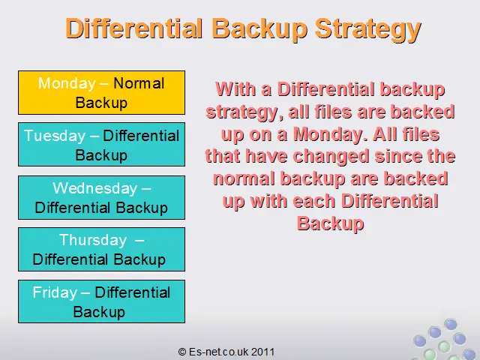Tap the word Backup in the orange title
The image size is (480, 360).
pyautogui.click(x=259, y=28)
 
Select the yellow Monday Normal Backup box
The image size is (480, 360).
pyautogui.click(x=102, y=93)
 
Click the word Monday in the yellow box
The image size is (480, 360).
pyautogui.click(x=67, y=83)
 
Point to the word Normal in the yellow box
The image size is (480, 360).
pyautogui.click(x=139, y=83)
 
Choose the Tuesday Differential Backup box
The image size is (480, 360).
pyautogui.click(x=102, y=145)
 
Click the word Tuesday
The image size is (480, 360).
pyautogui.click(x=55, y=136)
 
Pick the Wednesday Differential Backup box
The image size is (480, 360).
pyautogui.click(x=102, y=197)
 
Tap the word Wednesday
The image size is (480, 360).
pyautogui.click(x=94, y=188)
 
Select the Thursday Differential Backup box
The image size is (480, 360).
pyautogui.click(x=102, y=249)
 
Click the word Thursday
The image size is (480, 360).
pyautogui.click(x=93, y=240)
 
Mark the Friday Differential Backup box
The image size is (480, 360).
pyautogui.click(x=102, y=301)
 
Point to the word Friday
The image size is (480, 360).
pyautogui.click(x=55, y=292)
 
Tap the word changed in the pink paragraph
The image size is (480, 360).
pyautogui.click(x=331, y=156)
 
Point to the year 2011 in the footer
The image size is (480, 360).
pyautogui.click(x=263, y=352)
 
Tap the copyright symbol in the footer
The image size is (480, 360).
pyautogui.click(x=182, y=352)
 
